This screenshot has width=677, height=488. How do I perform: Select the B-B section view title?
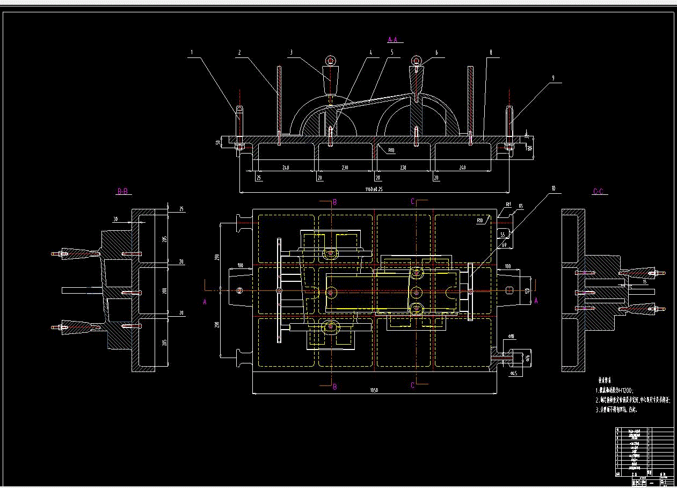122,191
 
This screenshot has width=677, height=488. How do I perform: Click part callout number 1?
192,53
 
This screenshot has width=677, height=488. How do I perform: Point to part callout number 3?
290,53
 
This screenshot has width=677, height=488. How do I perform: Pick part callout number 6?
436,53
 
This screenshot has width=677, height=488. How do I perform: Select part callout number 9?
552,78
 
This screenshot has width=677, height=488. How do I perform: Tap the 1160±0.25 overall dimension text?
374,189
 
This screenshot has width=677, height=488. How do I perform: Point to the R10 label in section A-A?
391,151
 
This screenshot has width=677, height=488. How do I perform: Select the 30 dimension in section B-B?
115,219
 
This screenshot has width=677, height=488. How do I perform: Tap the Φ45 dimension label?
513,373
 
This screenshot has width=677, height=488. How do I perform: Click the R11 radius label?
508,205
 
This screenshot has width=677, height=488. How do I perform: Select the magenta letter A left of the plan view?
205,302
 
